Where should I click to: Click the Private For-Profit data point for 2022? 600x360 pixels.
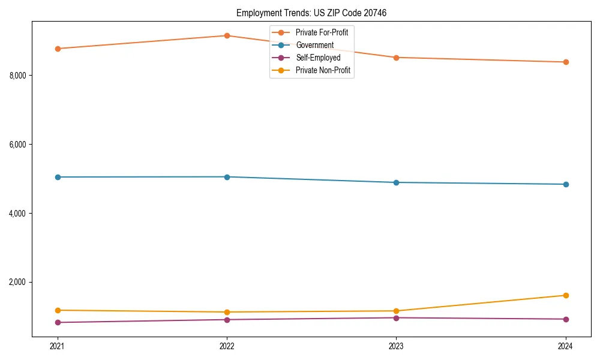tap(227, 35)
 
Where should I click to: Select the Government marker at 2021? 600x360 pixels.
tap(58, 177)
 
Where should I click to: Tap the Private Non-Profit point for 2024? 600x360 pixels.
tap(566, 295)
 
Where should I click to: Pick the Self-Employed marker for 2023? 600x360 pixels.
tap(396, 317)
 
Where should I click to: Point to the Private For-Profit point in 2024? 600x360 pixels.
tap(566, 62)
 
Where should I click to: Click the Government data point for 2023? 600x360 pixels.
tap(396, 182)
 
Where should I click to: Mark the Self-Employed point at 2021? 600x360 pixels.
tap(58, 322)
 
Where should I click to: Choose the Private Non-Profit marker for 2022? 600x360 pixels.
tap(227, 312)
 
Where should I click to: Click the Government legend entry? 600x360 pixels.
tap(314, 45)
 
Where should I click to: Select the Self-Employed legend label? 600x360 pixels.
tap(318, 58)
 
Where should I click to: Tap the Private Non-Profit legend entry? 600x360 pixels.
tap(323, 70)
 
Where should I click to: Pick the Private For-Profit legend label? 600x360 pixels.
tap(322, 32)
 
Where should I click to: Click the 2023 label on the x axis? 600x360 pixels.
tap(396, 346)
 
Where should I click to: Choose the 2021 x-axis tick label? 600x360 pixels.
tap(58, 346)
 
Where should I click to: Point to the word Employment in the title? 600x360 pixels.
tap(256, 13)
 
